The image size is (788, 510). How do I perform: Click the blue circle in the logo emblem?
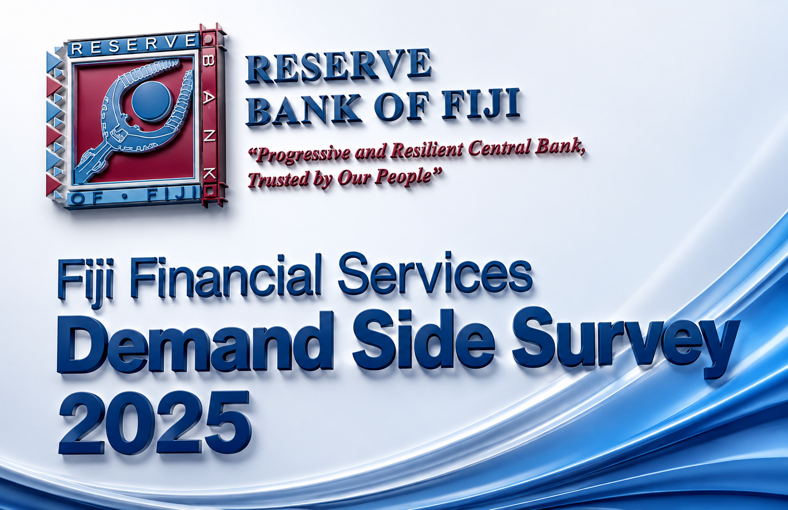point(152,100)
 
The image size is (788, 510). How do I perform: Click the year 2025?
point(155,424)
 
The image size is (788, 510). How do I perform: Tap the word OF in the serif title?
point(402,106)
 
